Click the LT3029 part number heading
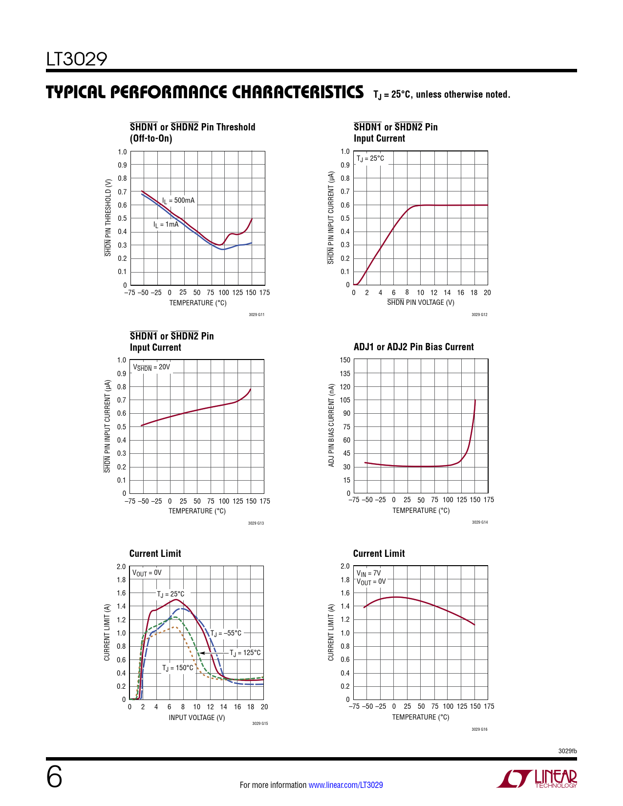pyautogui.click(x=77, y=59)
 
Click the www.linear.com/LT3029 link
pyautogui.click(x=345, y=785)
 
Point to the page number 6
pyautogui.click(x=54, y=777)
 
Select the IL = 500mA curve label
pyautogui.click(x=178, y=200)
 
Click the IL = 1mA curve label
pyautogui.click(x=166, y=225)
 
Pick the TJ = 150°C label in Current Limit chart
pyautogui.click(x=178, y=668)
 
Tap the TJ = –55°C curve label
pyautogui.click(x=226, y=633)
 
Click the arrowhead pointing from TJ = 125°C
pyautogui.click(x=201, y=653)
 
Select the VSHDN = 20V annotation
pyautogui.click(x=151, y=367)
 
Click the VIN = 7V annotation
pyautogui.click(x=368, y=573)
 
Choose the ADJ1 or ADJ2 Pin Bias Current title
pyautogui.click(x=413, y=347)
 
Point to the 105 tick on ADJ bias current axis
pyautogui.click(x=345, y=400)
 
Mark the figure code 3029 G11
pyautogui.click(x=257, y=315)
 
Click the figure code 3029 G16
pyautogui.click(x=479, y=729)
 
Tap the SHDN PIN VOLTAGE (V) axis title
pyautogui.click(x=421, y=302)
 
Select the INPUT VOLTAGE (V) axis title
pyautogui.click(x=197, y=718)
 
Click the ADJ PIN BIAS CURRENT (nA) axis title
pyautogui.click(x=331, y=425)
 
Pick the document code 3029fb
pyautogui.click(x=567, y=751)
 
